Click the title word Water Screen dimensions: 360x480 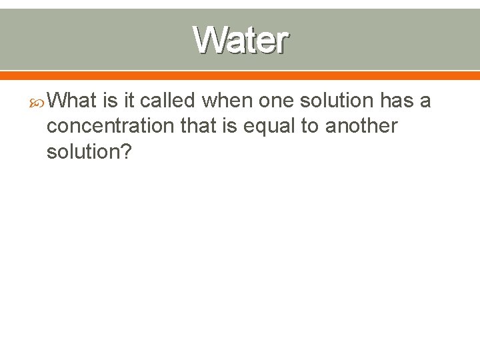(x=241, y=40)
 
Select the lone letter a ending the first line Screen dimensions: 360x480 (x=426, y=102)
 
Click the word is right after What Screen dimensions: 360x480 (x=110, y=101)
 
